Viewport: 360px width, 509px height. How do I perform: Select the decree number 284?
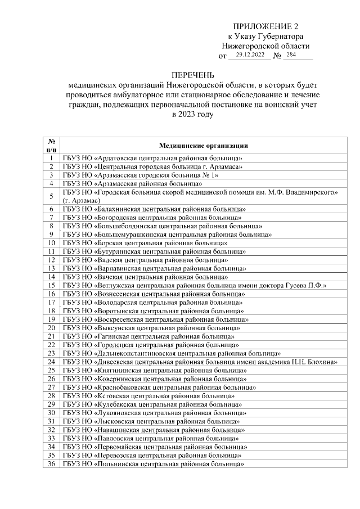point(291,55)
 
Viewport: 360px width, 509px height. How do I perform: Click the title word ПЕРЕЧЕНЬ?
point(193,75)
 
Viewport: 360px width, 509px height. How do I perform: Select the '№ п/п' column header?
point(51,146)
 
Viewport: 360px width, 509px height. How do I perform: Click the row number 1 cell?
point(51,159)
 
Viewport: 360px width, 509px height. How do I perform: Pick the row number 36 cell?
point(51,465)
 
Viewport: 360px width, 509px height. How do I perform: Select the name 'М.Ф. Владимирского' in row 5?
point(307,192)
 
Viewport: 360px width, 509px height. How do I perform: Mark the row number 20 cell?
point(51,328)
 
